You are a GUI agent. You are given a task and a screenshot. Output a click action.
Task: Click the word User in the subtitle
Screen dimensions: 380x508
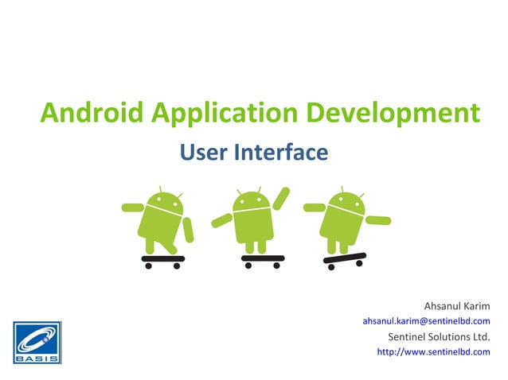click(200, 151)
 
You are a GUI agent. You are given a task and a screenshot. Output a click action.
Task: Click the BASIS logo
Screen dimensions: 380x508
click(36, 342)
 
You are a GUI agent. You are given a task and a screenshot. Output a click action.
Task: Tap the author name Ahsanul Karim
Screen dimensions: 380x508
click(457, 306)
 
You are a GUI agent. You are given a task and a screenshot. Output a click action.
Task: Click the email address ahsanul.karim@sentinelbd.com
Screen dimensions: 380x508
click(426, 321)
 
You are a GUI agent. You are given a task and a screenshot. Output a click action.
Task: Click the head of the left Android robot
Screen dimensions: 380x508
click(164, 204)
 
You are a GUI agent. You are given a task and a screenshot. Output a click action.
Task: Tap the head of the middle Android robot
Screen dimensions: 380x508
click(253, 202)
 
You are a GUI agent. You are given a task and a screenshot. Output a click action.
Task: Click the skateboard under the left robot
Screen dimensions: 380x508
click(162, 258)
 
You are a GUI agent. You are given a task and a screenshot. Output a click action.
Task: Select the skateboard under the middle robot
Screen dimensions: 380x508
click(262, 258)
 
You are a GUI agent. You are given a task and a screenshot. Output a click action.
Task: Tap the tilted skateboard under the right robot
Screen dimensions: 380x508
click(344, 259)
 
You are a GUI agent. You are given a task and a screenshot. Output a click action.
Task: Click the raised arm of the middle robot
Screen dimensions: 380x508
click(281, 198)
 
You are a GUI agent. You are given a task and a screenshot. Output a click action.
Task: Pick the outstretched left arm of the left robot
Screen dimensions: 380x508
click(132, 207)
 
